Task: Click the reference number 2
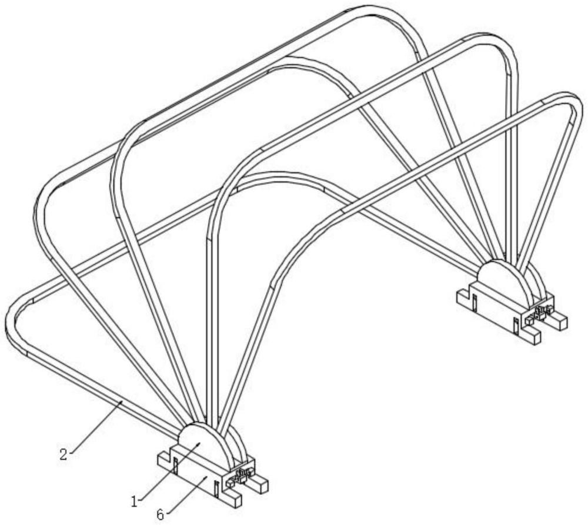(64, 454)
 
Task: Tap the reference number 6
(160, 515)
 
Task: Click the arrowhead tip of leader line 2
(121, 402)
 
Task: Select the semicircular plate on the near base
(204, 444)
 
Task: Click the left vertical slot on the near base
(175, 466)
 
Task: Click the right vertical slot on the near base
(216, 489)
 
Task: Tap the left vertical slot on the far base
(475, 303)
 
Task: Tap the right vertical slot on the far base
(516, 326)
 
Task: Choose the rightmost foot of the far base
(558, 320)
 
